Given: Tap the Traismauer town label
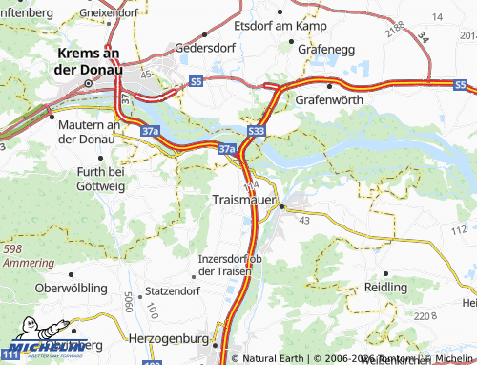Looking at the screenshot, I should click(x=242, y=202).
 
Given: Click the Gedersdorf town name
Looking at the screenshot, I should click(x=205, y=46).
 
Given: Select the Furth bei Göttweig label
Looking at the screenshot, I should click(x=91, y=178).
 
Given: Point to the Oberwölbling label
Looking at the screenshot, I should click(x=69, y=288).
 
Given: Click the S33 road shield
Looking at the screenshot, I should click(x=255, y=131).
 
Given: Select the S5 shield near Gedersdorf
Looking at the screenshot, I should click(x=196, y=83).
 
